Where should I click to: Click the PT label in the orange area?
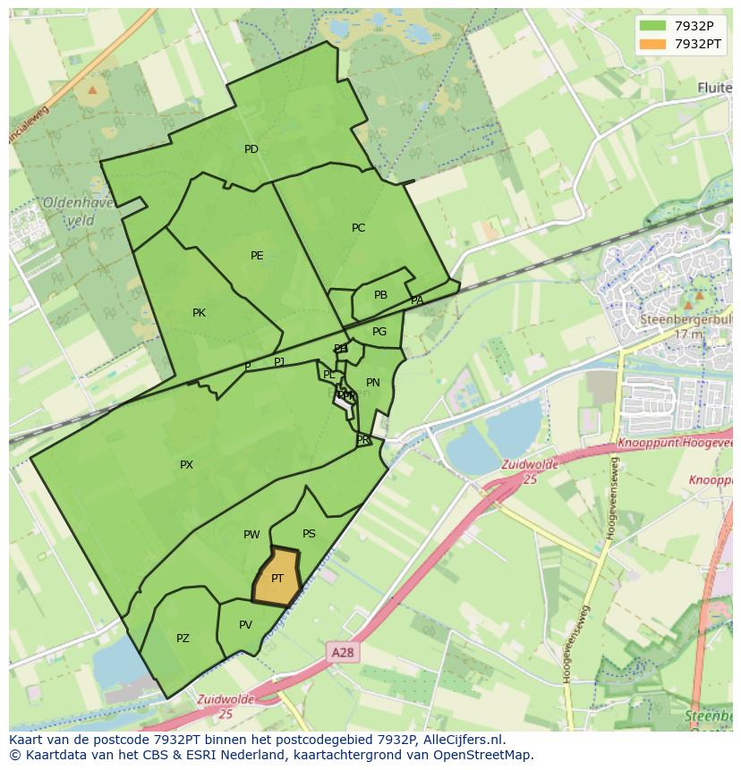pyautogui.click(x=277, y=579)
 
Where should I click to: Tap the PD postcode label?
pyautogui.click(x=251, y=149)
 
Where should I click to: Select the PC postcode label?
pyautogui.click(x=358, y=228)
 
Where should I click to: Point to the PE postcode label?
pyautogui.click(x=257, y=256)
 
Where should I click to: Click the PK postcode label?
pyautogui.click(x=199, y=313)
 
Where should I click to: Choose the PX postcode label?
pyautogui.click(x=186, y=465)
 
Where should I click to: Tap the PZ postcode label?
pyautogui.click(x=183, y=639)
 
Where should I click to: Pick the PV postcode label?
pyautogui.click(x=245, y=625)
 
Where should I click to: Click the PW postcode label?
pyautogui.click(x=251, y=535)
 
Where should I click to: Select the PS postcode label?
pyautogui.click(x=309, y=534)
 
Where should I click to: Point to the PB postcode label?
pyautogui.click(x=380, y=295)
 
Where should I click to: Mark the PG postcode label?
pyautogui.click(x=379, y=332)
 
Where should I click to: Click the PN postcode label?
pyautogui.click(x=373, y=383)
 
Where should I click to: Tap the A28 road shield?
pyautogui.click(x=342, y=653)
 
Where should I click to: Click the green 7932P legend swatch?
pyautogui.click(x=653, y=26)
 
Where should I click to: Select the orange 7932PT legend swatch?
pyautogui.click(x=653, y=44)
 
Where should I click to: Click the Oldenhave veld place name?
pyautogui.click(x=78, y=211)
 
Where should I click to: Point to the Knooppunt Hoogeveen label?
pyautogui.click(x=677, y=444)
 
